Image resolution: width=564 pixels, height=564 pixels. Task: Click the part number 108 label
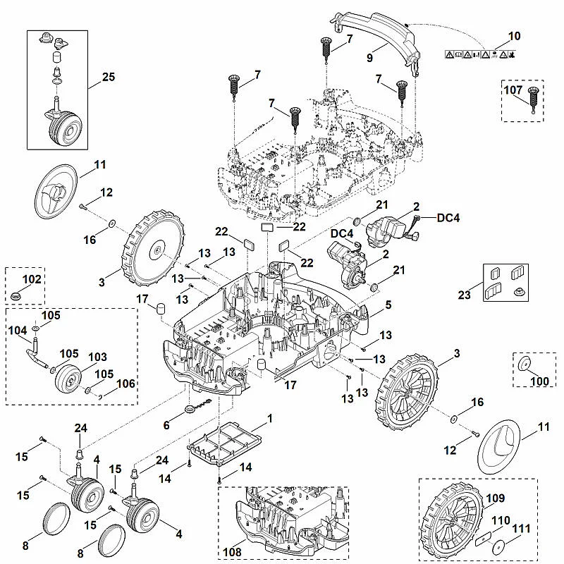coord(232,551)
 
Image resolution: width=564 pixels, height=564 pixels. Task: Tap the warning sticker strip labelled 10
coord(480,54)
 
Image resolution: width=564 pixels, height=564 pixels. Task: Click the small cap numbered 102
coord(16,297)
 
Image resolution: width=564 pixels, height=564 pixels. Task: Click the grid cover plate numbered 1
coord(225,443)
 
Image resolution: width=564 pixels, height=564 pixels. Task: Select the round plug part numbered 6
coord(190,409)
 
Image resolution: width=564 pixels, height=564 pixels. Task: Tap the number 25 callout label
coord(109,77)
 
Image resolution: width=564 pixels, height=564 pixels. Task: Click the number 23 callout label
coord(464,295)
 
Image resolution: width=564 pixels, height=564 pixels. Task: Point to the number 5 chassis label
coord(388,305)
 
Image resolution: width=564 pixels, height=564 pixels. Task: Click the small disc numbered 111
coord(498,548)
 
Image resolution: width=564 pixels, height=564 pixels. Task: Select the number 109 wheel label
coord(495,498)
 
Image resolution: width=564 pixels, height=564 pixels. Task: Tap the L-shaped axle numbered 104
coord(38,352)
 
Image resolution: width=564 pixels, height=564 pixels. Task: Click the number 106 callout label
coord(126,384)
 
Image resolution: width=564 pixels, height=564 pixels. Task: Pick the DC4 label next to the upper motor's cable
coord(448,218)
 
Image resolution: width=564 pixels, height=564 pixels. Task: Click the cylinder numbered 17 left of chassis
coord(161,309)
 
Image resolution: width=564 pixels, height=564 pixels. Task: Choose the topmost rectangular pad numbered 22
coord(267,227)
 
